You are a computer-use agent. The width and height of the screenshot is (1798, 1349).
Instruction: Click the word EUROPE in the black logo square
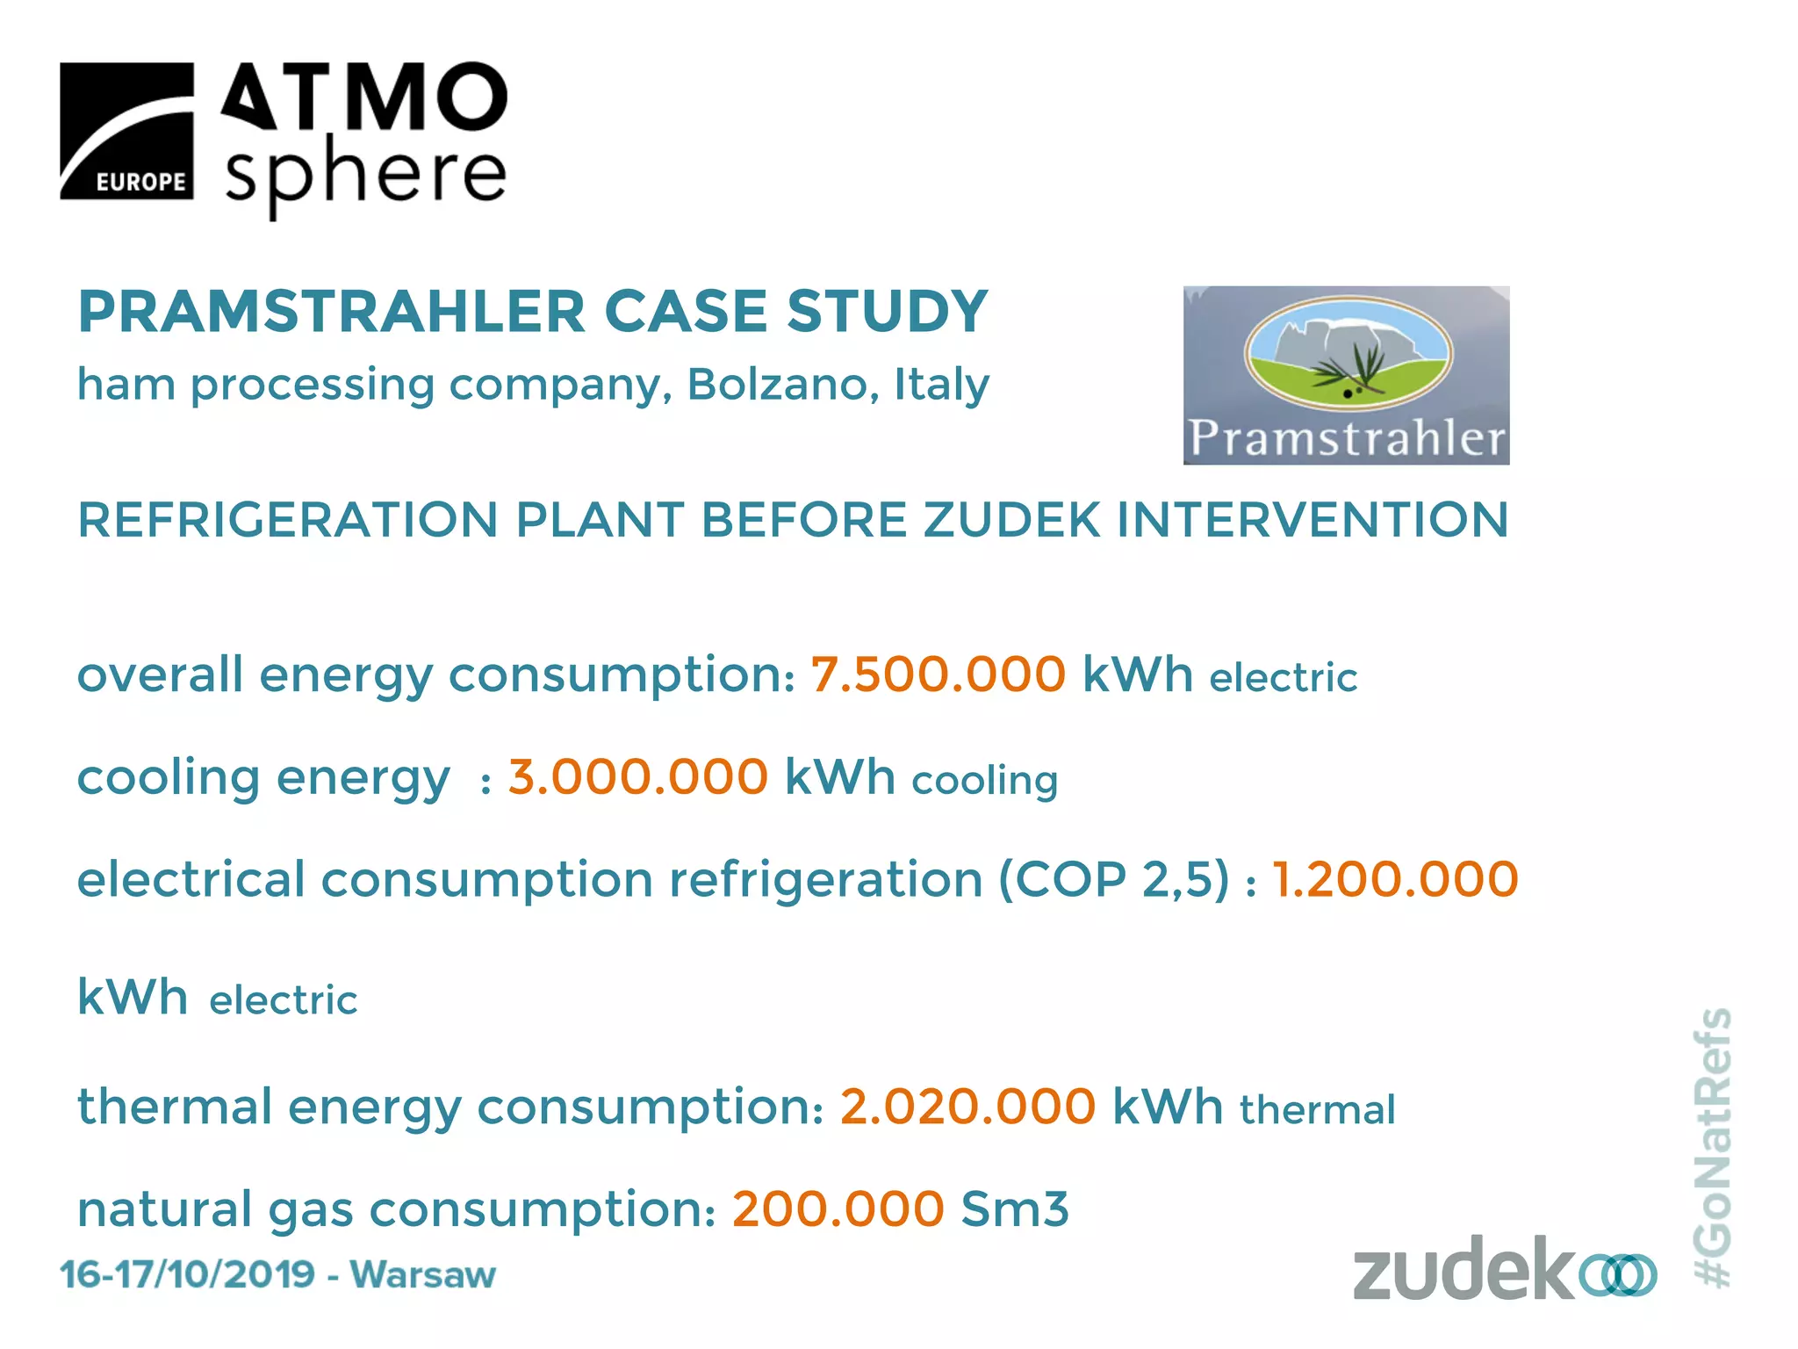[140, 182]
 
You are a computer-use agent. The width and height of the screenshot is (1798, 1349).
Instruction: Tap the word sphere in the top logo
[365, 173]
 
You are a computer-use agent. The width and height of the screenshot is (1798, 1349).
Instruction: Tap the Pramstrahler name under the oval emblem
[1347, 438]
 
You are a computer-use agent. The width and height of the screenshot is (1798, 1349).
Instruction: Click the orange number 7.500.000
[938, 674]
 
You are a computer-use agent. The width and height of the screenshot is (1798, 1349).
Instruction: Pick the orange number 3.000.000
[638, 777]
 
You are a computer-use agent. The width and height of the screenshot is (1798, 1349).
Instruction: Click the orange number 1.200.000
[1395, 879]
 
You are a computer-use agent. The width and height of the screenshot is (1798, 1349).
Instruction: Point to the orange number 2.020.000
[967, 1106]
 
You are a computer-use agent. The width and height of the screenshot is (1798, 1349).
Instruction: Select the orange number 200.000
[838, 1208]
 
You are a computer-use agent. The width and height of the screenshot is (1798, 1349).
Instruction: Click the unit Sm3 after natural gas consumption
[1015, 1208]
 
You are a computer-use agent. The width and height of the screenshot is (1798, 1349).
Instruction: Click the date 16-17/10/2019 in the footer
[187, 1274]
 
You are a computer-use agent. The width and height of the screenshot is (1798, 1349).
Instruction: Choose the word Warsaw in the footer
[423, 1274]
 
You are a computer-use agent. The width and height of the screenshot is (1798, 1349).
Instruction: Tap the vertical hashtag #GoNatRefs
[1712, 1147]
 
